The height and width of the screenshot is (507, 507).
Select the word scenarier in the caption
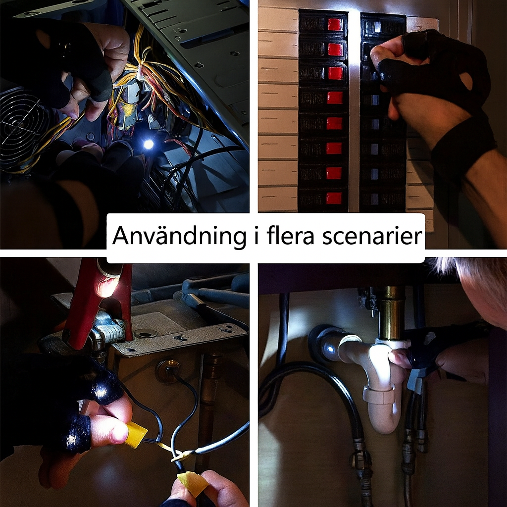point(372,237)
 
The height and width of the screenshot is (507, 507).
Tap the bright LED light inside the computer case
point(148,144)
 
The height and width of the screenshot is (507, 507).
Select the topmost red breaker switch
point(335,24)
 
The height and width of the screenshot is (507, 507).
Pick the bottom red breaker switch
point(334,198)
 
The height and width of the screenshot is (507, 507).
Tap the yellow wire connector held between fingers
point(135,434)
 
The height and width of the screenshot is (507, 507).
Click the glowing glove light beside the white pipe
point(328,351)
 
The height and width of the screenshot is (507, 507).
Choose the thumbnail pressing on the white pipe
point(398,358)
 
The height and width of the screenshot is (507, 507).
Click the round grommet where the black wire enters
point(167,370)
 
